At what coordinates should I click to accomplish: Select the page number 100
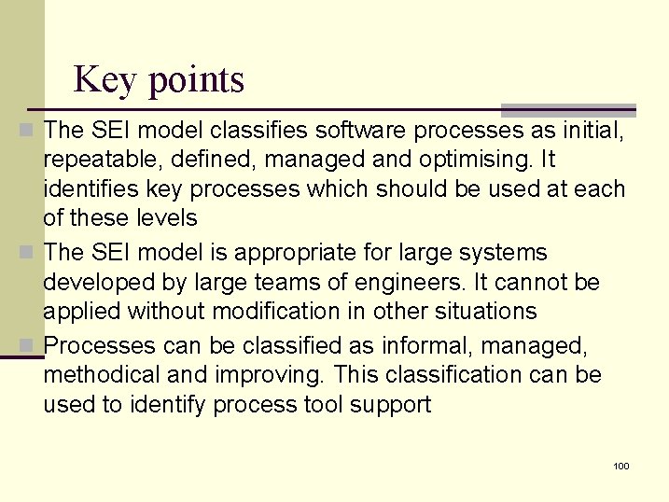click(x=621, y=466)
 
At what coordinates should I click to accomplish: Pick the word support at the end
click(x=387, y=405)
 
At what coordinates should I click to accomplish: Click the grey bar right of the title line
click(x=569, y=110)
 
